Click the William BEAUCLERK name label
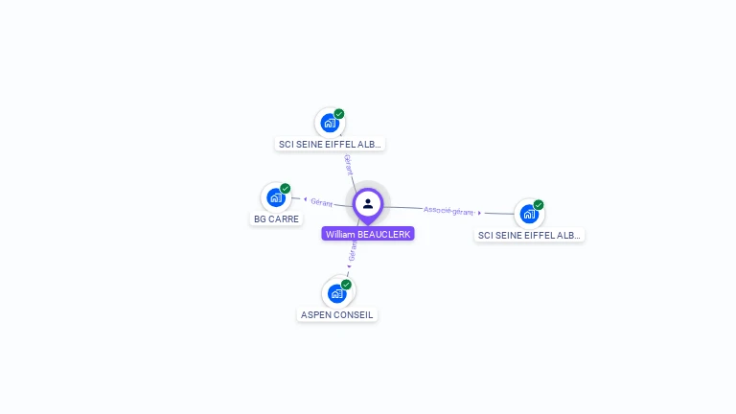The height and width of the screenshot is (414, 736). [368, 234]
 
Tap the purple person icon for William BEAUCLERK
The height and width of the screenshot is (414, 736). [368, 203]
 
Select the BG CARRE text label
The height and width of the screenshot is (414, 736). [276, 219]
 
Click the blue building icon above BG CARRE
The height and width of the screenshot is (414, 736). [276, 197]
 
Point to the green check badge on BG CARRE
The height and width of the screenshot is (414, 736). [286, 189]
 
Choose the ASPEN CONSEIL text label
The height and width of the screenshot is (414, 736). [337, 315]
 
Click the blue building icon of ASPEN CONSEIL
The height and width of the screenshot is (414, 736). [336, 293]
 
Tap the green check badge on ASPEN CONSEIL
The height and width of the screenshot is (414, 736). [346, 285]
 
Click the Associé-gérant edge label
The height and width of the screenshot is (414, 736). [448, 210]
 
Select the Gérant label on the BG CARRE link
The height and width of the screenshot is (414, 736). [322, 202]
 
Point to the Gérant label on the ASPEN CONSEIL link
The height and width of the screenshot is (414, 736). [353, 251]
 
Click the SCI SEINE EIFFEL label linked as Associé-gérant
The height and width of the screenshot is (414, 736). [529, 235]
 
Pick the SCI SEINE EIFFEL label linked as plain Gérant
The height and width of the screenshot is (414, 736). [330, 145]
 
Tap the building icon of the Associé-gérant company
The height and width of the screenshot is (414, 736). [528, 214]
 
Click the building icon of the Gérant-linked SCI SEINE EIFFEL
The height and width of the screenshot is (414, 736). [330, 123]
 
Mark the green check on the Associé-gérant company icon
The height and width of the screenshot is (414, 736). [539, 205]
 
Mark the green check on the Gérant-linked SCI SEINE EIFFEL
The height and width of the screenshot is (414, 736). [339, 114]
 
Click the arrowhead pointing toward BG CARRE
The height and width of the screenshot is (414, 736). [304, 199]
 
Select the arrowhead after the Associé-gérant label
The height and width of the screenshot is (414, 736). [479, 213]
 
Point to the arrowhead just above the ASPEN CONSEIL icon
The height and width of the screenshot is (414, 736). [349, 267]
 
